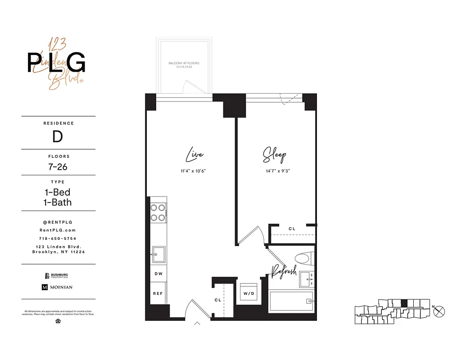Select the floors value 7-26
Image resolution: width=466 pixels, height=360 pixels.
click(59, 166)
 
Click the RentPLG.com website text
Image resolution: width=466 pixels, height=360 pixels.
click(59, 230)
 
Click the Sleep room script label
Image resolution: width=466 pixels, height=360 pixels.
click(274, 156)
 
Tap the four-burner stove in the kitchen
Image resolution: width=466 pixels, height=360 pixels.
click(158, 212)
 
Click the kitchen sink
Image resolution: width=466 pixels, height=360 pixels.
click(158, 254)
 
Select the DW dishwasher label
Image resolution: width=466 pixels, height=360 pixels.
click(158, 274)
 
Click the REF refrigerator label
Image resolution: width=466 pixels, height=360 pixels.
click(158, 293)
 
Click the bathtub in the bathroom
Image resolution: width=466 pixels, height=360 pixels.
click(291, 301)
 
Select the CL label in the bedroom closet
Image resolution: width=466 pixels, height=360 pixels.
click(292, 229)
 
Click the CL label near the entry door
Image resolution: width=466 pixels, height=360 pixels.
click(218, 300)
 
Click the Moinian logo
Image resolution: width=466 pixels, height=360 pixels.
click(57, 287)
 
